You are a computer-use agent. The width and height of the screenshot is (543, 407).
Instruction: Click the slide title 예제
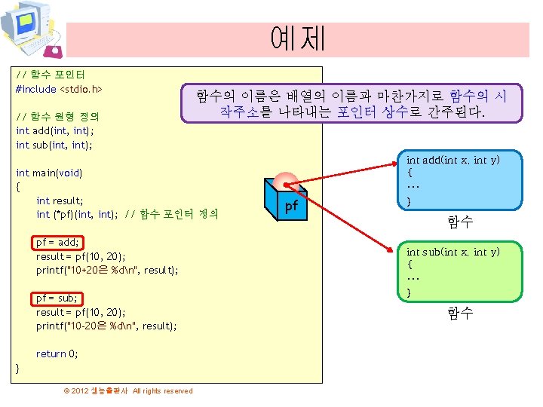coord(297,38)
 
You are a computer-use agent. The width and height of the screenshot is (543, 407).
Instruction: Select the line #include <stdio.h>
coord(59,89)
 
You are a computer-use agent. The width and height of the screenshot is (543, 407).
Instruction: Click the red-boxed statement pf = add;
coord(58,243)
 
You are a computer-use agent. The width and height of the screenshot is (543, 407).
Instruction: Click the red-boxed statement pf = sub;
coord(57,298)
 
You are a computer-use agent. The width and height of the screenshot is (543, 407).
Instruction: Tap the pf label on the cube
coord(290,205)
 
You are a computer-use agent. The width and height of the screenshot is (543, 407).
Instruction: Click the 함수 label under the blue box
coord(460,222)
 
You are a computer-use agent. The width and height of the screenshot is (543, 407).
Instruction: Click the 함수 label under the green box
coord(460,313)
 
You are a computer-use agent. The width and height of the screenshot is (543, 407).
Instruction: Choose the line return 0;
coord(57,353)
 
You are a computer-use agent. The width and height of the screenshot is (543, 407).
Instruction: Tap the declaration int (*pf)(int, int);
coord(75,214)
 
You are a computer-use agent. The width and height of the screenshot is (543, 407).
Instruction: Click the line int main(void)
coord(49,173)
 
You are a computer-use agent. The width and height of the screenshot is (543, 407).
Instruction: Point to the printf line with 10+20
coord(107,270)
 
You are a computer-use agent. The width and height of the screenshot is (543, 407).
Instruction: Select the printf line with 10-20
coord(106,326)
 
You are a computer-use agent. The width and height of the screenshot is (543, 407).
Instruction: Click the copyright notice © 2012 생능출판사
coord(128,390)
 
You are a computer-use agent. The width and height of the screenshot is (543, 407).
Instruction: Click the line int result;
coord(60,200)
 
